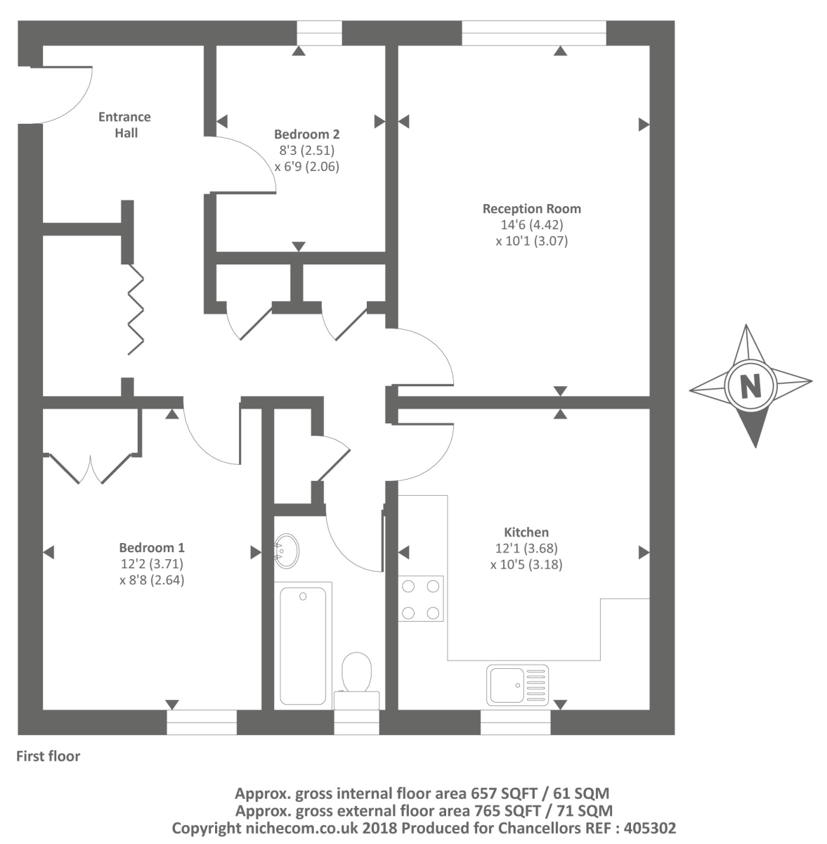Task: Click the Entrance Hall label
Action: coord(124,124)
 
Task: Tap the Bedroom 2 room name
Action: coord(307,134)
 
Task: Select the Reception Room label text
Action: coord(531,209)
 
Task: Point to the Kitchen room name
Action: coord(526,532)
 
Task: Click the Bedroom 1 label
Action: coord(152,548)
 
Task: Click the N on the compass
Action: coord(750,386)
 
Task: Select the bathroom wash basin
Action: coord(287,549)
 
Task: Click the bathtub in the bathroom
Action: coord(303,644)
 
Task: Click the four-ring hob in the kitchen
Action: coord(421,599)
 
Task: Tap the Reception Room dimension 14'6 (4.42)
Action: coord(531,225)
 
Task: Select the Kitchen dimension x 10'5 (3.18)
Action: coord(526,564)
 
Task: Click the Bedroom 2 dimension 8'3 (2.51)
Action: coord(307,150)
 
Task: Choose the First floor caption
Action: coord(48,757)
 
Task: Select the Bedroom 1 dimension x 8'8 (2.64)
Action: coord(152,580)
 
